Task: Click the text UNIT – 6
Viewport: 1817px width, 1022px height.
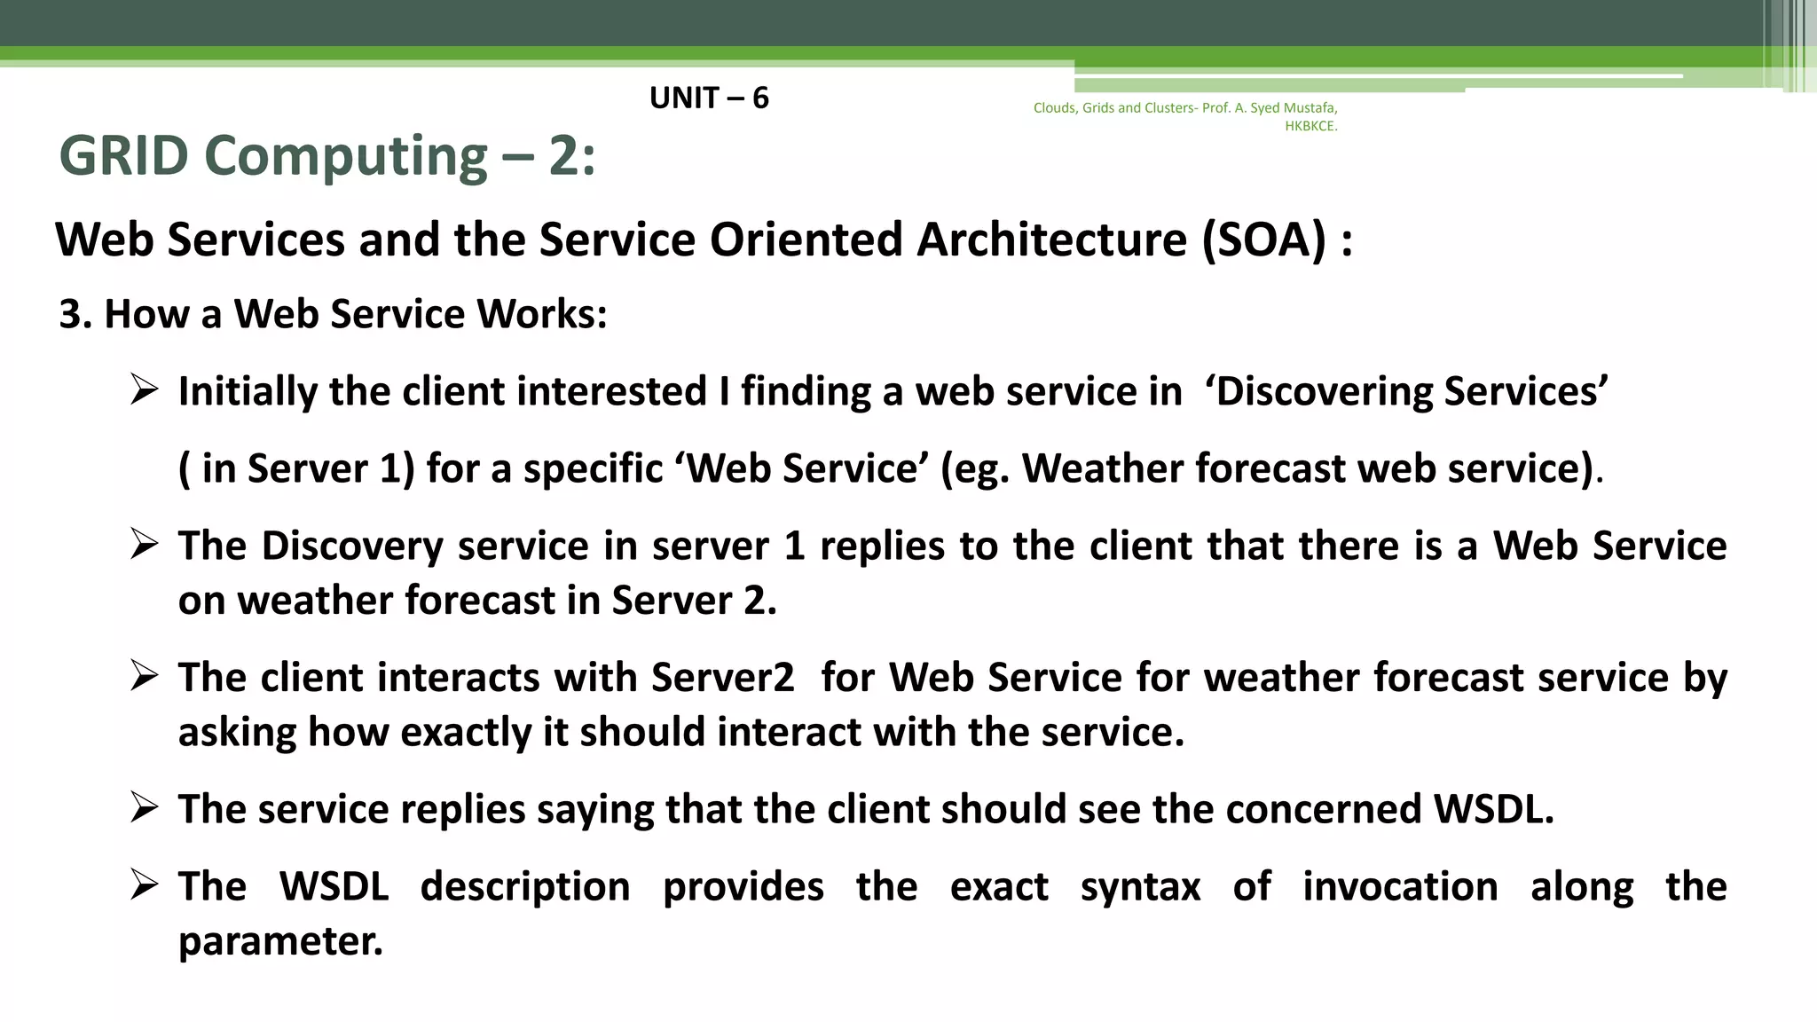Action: (709, 98)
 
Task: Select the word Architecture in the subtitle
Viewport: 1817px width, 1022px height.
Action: (1051, 240)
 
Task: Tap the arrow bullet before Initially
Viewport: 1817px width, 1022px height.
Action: (144, 389)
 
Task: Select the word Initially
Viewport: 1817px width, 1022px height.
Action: (247, 392)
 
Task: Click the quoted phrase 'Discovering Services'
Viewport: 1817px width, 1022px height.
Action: (1407, 392)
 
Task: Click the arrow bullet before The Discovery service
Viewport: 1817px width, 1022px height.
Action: (144, 543)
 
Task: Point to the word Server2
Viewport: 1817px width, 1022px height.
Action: (722, 678)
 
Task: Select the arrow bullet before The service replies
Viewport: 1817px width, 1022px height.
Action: (144, 806)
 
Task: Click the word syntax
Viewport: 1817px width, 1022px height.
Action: (1140, 887)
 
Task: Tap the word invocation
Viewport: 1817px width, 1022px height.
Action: (1400, 887)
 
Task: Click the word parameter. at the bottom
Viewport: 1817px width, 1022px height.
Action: (280, 942)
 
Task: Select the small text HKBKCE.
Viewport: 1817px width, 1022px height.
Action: (1310, 126)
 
